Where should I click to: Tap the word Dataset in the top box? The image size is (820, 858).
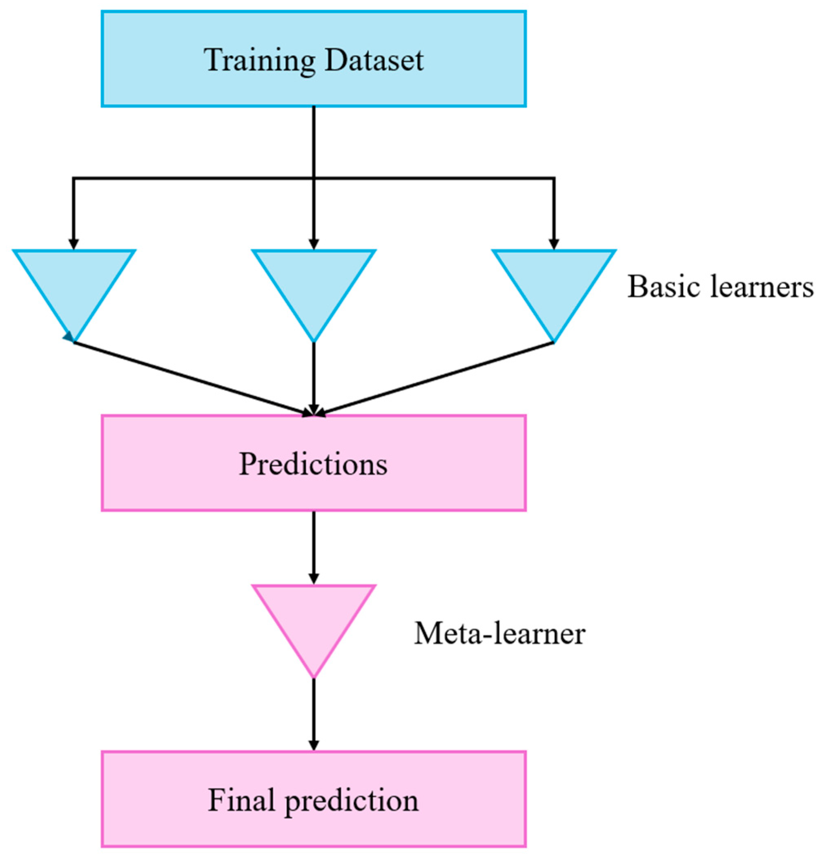(374, 60)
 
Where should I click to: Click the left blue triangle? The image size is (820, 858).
(74, 285)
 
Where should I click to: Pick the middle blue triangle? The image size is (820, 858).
(313, 285)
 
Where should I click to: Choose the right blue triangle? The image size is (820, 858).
(554, 285)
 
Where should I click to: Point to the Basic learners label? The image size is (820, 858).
(720, 287)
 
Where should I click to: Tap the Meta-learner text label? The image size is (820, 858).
(499, 633)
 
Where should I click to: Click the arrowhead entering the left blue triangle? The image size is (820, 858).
(74, 244)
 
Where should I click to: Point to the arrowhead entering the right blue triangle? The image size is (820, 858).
(554, 244)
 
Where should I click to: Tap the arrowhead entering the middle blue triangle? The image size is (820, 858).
(313, 244)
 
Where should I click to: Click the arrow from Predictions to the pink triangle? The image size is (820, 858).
(313, 547)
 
